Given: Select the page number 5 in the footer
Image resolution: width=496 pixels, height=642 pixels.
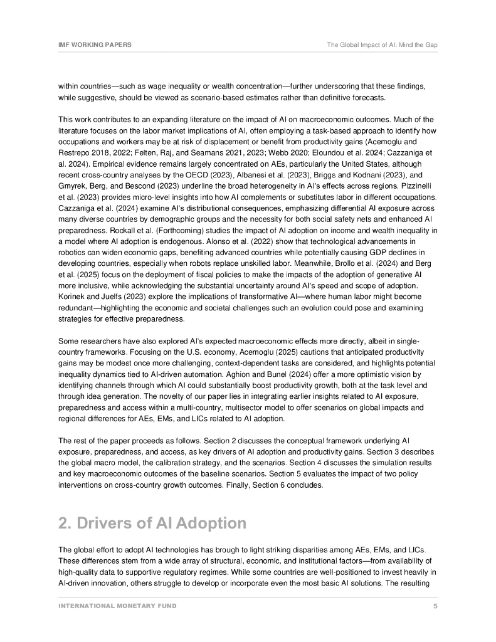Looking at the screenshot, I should click(x=435, y=606).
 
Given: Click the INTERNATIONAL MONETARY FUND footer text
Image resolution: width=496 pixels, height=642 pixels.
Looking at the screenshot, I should click(x=117, y=606).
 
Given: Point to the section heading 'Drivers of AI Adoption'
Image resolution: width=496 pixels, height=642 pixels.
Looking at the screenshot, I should click(x=152, y=523).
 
